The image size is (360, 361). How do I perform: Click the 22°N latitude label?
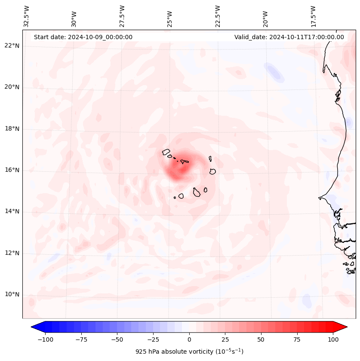[x=12, y=46]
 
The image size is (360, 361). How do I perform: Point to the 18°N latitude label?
[x=12, y=129]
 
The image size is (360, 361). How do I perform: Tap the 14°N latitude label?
[x=12, y=211]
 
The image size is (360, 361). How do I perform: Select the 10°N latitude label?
[x=12, y=295]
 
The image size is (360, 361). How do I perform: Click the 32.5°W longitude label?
[x=27, y=16]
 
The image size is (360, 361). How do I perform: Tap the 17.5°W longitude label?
[x=313, y=16]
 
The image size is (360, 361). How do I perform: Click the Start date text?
[x=83, y=37]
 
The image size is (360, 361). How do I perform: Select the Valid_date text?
[x=289, y=37]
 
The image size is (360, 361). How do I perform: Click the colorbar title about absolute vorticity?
[x=189, y=352]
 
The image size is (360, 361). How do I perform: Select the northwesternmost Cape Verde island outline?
[x=166, y=152]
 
